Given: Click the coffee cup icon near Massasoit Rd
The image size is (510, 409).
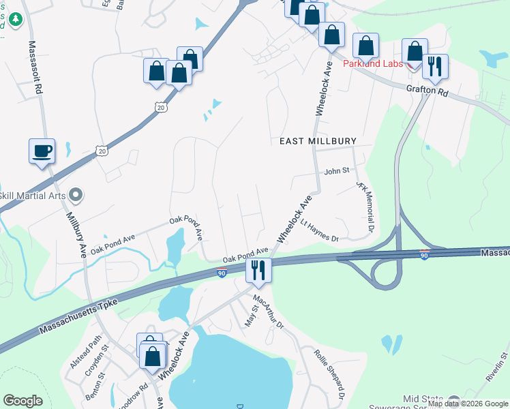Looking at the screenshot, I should click(x=42, y=150).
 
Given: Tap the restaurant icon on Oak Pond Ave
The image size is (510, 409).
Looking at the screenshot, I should click(x=258, y=270).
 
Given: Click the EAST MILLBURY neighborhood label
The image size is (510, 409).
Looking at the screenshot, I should click(x=318, y=141).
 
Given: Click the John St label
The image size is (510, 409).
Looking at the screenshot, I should click(x=336, y=171).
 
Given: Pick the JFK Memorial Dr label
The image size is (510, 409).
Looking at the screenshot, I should click(x=366, y=207).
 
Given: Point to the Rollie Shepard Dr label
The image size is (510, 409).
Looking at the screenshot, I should click(x=329, y=374).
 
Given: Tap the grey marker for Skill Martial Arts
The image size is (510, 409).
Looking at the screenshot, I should click(x=76, y=196).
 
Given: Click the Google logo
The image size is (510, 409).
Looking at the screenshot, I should click(x=22, y=400).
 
